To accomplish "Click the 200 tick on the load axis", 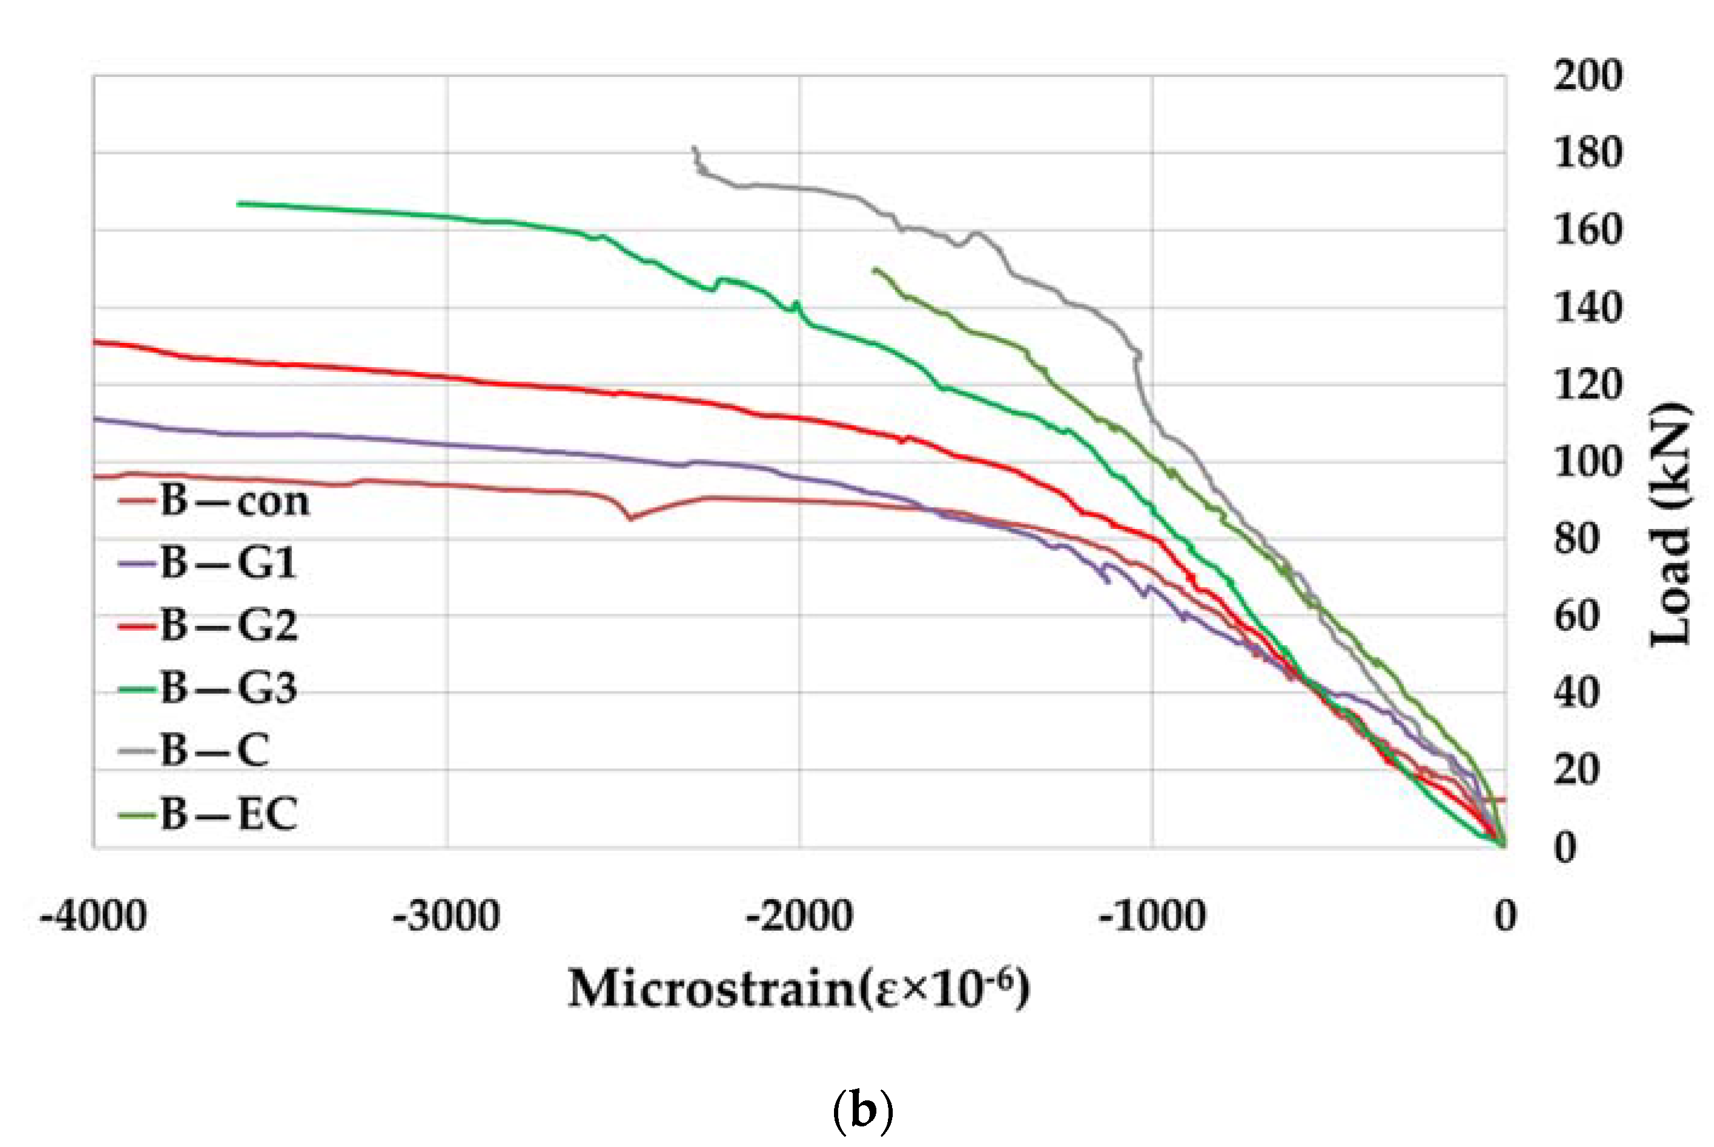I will click(x=1587, y=75).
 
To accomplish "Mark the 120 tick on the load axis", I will click(x=1587, y=385).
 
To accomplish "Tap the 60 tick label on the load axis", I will click(x=1577, y=617).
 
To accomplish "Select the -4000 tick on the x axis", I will click(x=94, y=916).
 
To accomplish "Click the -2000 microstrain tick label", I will click(x=799, y=916).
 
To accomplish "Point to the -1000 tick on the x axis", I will click(x=1153, y=916).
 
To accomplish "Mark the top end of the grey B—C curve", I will click(x=693, y=148).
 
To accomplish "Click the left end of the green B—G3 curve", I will click(x=239, y=204).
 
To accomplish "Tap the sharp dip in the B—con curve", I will click(x=631, y=518).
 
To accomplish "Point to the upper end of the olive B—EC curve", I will click(x=875, y=270).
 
